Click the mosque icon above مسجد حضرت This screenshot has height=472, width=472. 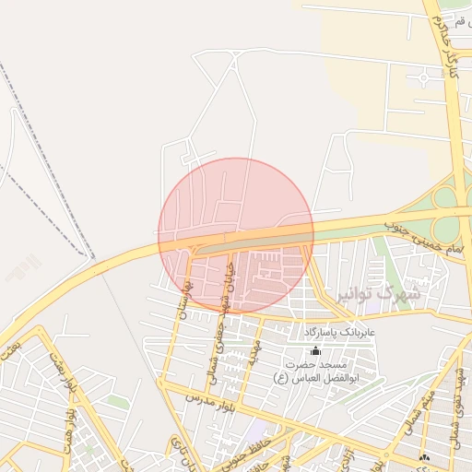point(315,350)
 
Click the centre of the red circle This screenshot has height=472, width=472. point(236,236)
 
